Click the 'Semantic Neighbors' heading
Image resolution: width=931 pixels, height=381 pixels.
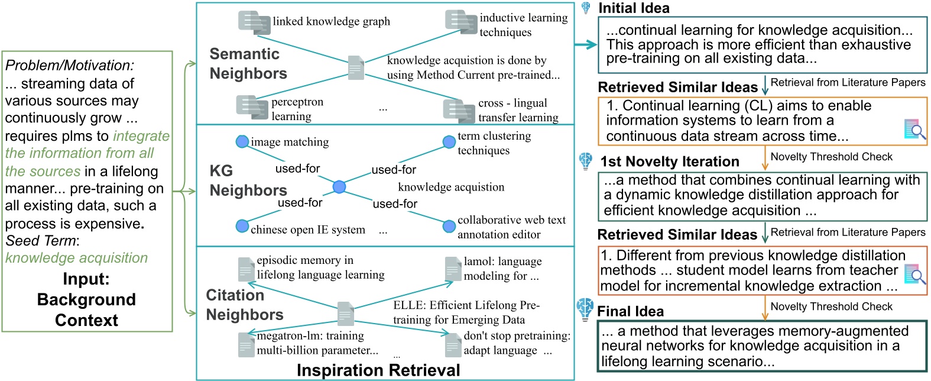(x=248, y=63)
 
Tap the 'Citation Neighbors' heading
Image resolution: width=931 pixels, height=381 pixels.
(x=244, y=305)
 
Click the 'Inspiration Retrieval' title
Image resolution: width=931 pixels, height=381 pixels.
(x=378, y=370)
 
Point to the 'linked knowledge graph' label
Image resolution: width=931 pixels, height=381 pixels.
(x=331, y=22)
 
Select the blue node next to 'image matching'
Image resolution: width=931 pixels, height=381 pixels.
(x=242, y=141)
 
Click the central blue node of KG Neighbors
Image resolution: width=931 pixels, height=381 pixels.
(x=339, y=187)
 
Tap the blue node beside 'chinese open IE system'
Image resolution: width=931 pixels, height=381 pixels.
(x=242, y=226)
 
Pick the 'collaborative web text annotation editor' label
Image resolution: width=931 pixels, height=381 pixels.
(x=511, y=227)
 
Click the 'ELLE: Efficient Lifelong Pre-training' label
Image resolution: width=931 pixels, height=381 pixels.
(x=466, y=312)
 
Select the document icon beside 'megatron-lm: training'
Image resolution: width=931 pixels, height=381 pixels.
(x=246, y=344)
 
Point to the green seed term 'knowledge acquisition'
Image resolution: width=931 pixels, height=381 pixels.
(x=77, y=258)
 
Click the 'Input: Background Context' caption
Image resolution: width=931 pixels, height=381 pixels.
(x=86, y=299)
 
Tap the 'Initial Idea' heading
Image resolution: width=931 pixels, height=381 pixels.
(x=634, y=8)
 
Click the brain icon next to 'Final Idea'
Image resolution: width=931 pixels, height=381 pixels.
(x=585, y=309)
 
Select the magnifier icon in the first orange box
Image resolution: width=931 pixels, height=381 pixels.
(x=915, y=130)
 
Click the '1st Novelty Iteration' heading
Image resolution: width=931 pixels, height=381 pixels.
(x=669, y=162)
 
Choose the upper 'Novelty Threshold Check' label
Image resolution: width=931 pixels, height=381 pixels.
(x=831, y=157)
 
